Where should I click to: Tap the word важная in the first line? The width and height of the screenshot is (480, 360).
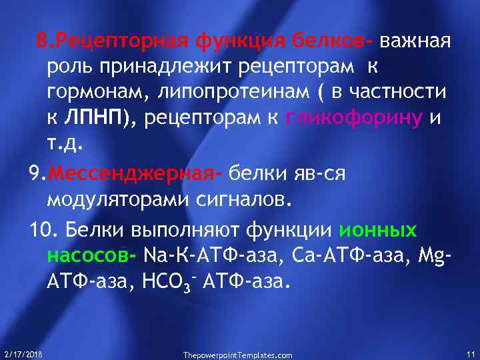point(416,43)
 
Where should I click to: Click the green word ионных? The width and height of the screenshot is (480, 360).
point(378,231)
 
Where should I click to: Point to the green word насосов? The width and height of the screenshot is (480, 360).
point(90,255)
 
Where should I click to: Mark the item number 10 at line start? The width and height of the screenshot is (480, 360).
point(41,231)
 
